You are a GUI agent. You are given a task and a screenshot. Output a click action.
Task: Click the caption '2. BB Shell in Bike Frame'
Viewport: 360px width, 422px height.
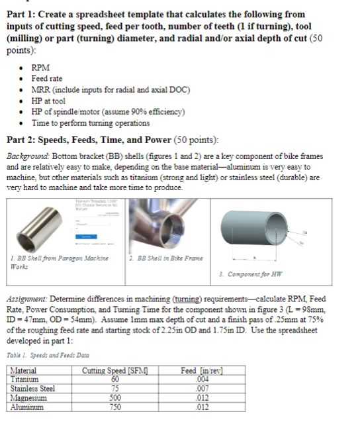point(167,258)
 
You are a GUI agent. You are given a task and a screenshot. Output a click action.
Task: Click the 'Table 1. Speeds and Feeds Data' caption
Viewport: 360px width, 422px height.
point(48,356)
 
